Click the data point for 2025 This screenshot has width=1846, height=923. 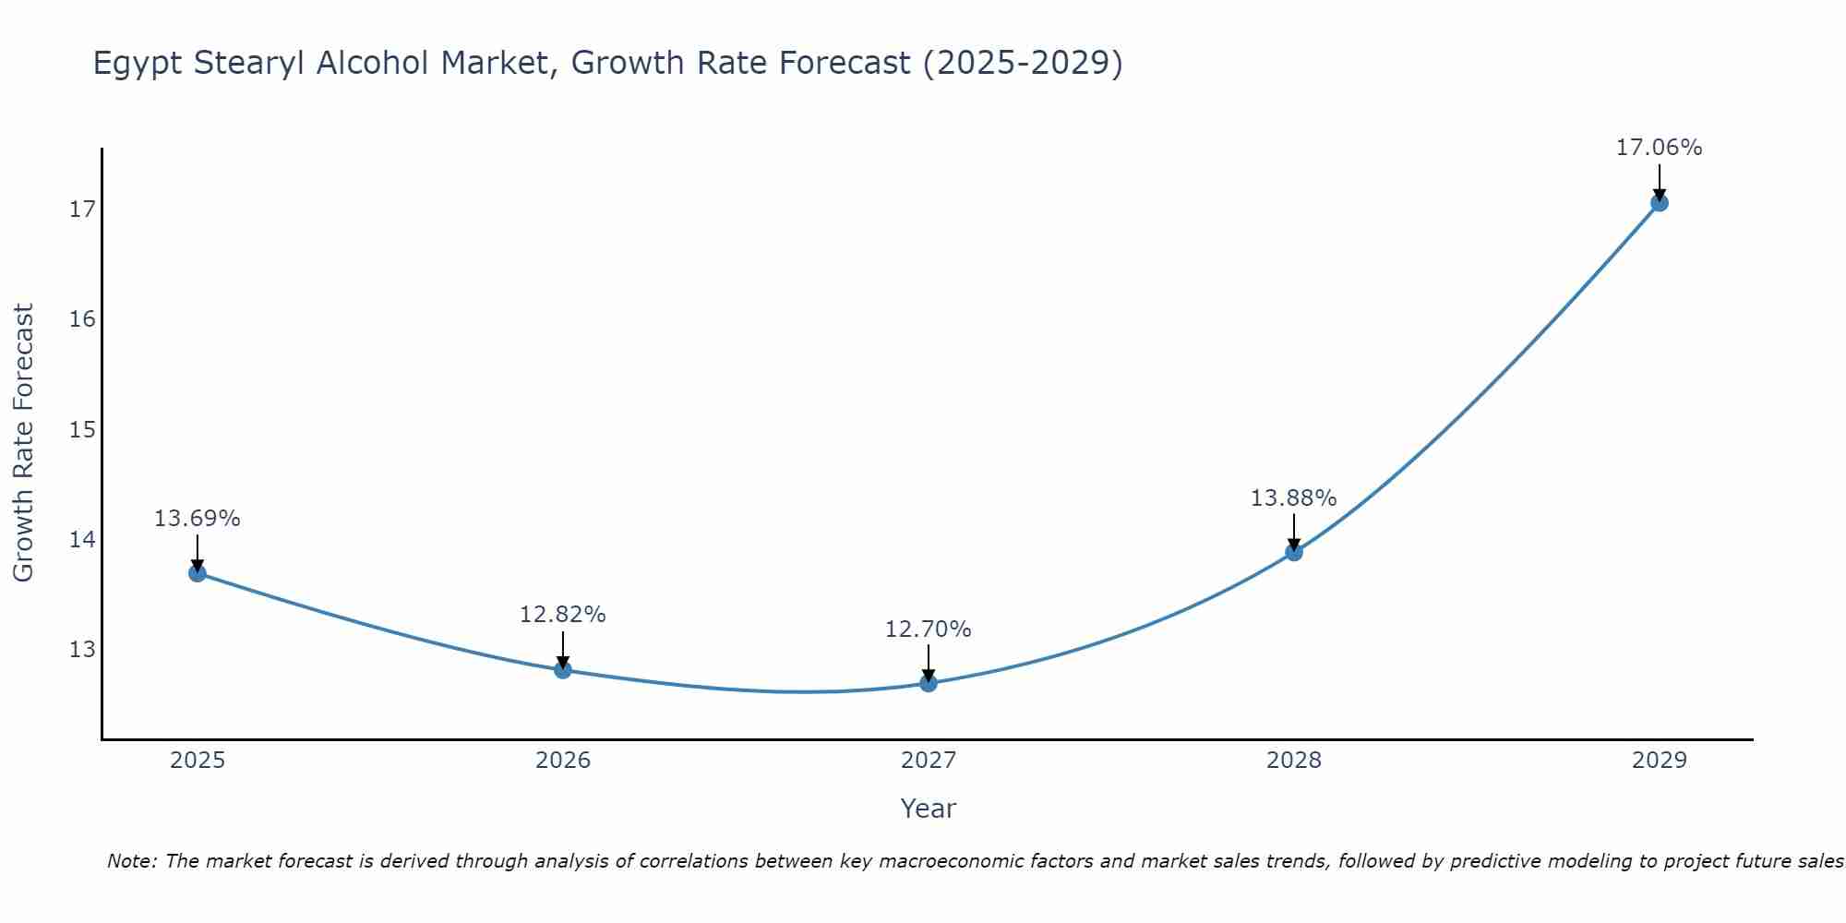198,573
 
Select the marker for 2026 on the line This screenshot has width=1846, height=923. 563,669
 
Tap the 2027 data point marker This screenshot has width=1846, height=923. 929,683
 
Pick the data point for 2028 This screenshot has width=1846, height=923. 1294,552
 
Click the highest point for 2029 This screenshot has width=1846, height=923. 1659,202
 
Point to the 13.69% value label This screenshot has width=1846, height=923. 197,519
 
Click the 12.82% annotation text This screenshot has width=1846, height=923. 562,615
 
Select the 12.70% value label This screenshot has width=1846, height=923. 928,629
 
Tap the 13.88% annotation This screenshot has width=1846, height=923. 1293,498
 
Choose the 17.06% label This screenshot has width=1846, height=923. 1659,148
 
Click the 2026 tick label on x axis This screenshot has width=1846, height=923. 563,761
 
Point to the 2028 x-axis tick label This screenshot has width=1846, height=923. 1294,761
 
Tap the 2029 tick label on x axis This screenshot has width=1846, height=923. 1659,761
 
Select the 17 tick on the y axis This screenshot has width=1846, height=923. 82,210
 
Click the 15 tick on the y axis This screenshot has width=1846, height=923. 82,429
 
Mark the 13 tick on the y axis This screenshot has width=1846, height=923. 82,650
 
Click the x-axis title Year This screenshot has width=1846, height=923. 928,809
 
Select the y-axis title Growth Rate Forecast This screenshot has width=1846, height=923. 23,443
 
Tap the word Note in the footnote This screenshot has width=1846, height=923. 133,861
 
